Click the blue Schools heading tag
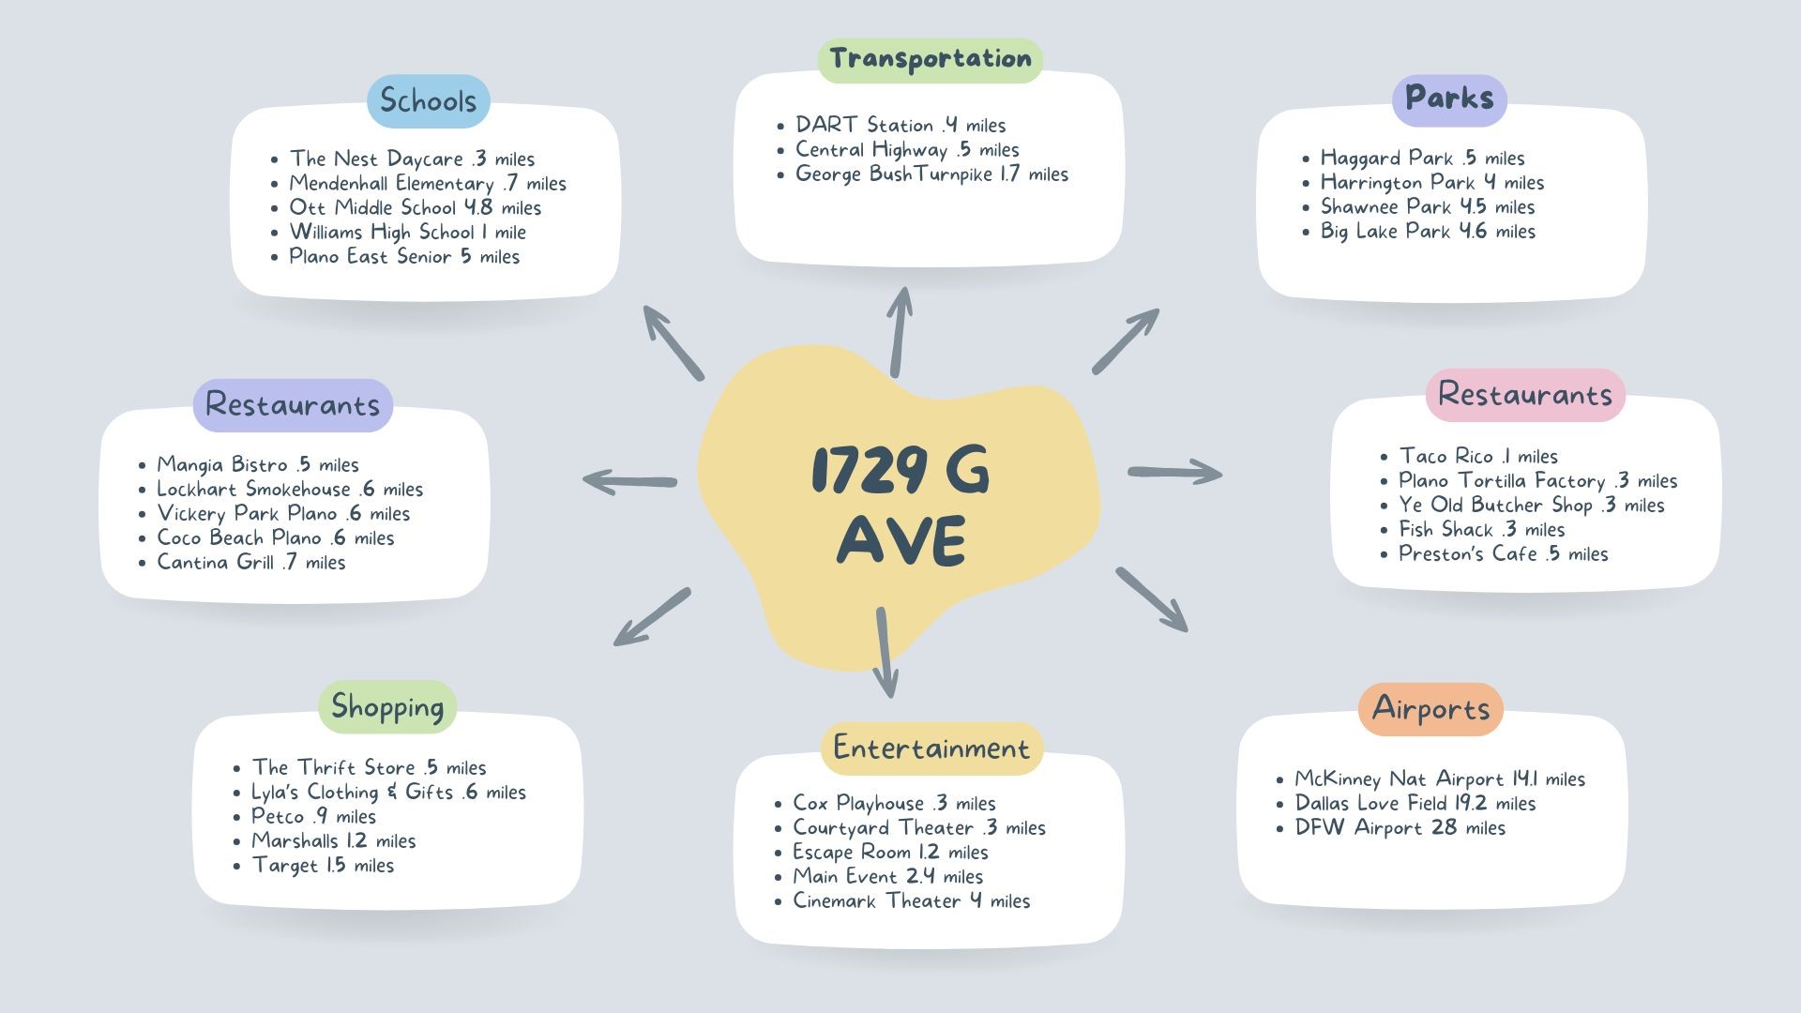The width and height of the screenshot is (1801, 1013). [428, 101]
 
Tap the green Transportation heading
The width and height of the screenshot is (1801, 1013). [931, 60]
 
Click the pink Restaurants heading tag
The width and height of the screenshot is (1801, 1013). [1525, 395]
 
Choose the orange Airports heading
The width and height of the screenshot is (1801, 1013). [1430, 709]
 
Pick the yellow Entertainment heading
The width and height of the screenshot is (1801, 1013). [931, 748]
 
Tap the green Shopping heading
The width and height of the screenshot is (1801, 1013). [387, 707]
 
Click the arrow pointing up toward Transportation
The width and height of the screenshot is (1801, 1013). [900, 332]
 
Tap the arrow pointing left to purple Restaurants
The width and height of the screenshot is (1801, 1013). [629, 482]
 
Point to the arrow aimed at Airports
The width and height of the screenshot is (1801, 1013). [1152, 599]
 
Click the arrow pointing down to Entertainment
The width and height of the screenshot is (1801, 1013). [885, 653]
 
